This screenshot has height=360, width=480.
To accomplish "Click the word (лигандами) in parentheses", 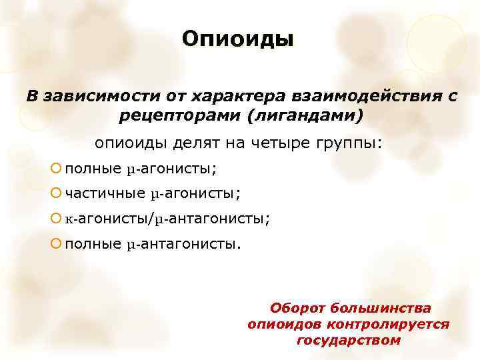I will (304, 115).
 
